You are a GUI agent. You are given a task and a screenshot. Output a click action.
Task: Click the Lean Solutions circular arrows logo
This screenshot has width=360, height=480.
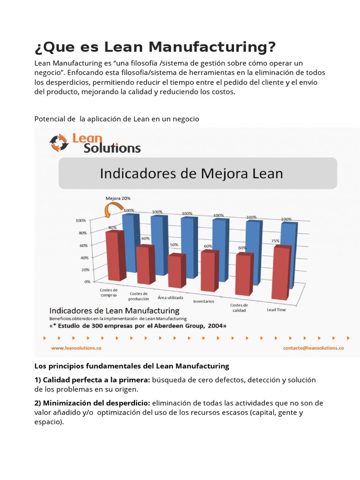point(59,143)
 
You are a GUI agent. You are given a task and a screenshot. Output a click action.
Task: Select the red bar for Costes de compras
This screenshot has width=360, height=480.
point(115,255)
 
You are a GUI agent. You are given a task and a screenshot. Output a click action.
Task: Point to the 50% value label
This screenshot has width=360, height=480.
point(174,245)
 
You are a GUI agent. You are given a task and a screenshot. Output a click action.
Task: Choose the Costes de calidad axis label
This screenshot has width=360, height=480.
point(239,307)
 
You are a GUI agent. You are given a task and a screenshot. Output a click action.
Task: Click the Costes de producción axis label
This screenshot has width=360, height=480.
point(139,296)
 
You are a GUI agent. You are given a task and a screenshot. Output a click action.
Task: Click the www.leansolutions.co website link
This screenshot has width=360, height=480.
point(76,348)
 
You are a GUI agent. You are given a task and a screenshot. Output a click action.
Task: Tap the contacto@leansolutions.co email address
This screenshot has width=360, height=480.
point(314,348)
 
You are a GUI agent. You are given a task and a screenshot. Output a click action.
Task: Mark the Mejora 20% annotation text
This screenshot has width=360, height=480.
point(118,198)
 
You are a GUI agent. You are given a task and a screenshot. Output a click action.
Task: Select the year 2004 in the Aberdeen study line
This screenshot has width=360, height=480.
point(215,325)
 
